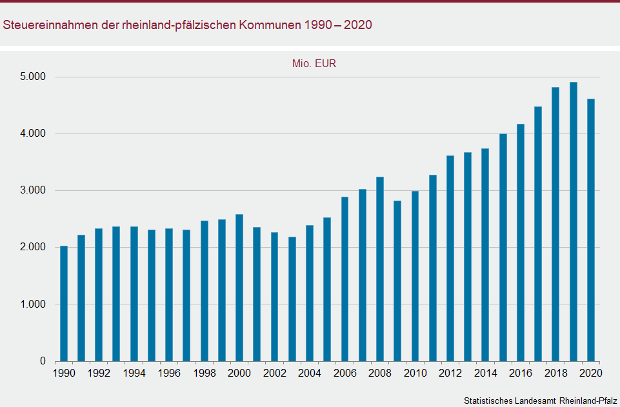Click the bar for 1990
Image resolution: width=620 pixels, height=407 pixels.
coord(64,303)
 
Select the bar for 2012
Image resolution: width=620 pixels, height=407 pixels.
coord(450,258)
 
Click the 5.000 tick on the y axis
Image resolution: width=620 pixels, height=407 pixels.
coord(33,77)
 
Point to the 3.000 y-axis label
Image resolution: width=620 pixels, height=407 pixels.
coord(33,190)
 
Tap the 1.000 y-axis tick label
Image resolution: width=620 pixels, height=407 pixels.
coord(33,304)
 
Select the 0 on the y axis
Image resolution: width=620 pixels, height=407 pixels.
coord(43,361)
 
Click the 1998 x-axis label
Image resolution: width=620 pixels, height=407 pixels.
coord(204,373)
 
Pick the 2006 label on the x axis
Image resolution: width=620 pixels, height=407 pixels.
coord(345,373)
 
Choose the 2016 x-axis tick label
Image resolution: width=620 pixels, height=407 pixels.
coord(520,373)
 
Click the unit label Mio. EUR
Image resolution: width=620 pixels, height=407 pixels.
coord(314,63)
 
